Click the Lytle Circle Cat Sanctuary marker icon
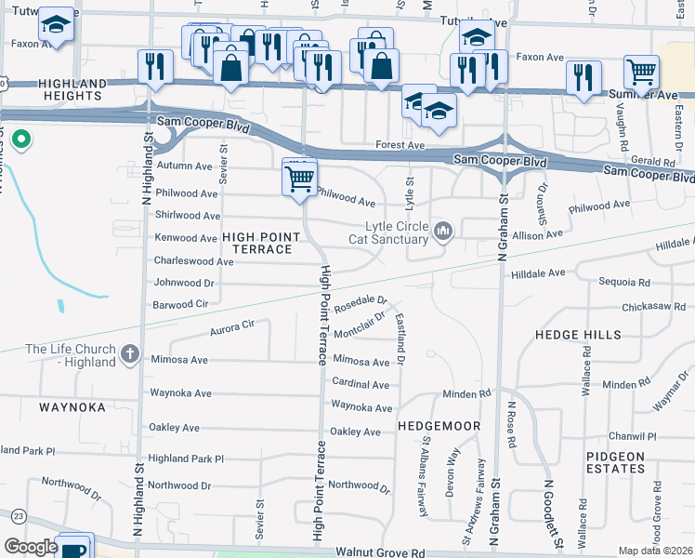click(x=443, y=231)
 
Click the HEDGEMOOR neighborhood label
click(x=439, y=425)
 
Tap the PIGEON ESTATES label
click(x=615, y=462)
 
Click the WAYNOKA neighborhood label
click(x=75, y=407)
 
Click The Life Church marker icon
click(x=129, y=355)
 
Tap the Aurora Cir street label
click(x=232, y=326)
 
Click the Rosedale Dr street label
click(x=360, y=302)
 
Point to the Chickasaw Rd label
click(x=652, y=306)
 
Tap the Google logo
click(x=31, y=547)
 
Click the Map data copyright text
click(x=655, y=551)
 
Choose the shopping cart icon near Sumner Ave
click(x=641, y=73)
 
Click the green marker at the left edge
click(x=22, y=141)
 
